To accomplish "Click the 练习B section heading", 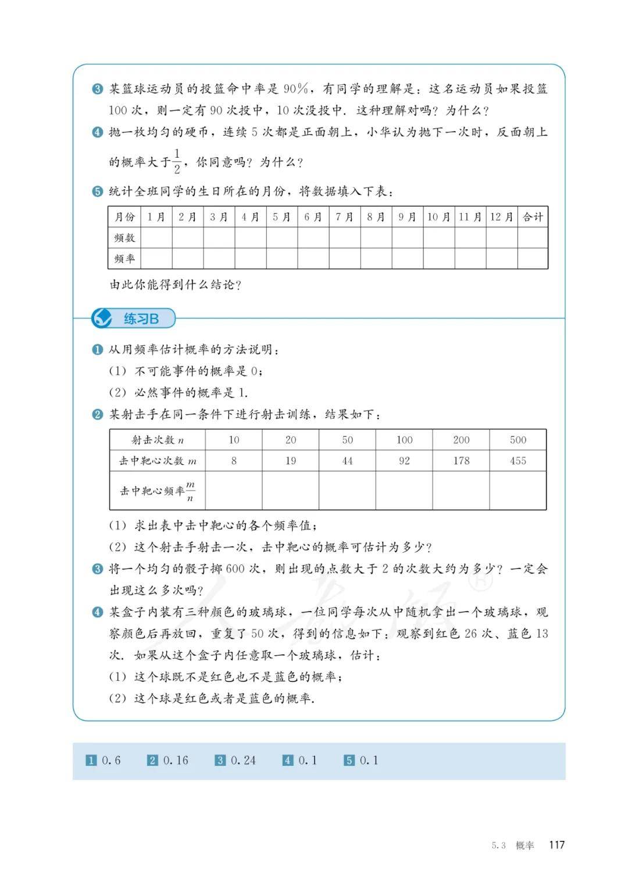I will (141, 319).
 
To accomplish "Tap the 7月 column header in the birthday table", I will (345, 217).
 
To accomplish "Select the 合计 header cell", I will (532, 217).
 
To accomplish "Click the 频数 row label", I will (124, 238).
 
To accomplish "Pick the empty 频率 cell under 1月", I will (156, 258).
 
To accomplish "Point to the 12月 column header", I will (501, 217).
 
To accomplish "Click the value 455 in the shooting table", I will (518, 461).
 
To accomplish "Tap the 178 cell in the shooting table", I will (461, 461).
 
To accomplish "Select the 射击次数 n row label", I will (158, 440).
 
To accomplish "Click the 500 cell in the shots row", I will (518, 440).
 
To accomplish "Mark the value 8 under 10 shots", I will (234, 461).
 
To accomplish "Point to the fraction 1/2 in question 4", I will (177, 161).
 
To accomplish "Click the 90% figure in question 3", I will (296, 89).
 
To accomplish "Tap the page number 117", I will (556, 845).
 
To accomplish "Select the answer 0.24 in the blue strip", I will (243, 760).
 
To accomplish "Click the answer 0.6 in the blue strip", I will (111, 760).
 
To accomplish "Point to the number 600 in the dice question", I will (234, 569).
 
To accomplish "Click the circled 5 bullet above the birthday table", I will (97, 191).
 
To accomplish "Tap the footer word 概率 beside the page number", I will (524, 846).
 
